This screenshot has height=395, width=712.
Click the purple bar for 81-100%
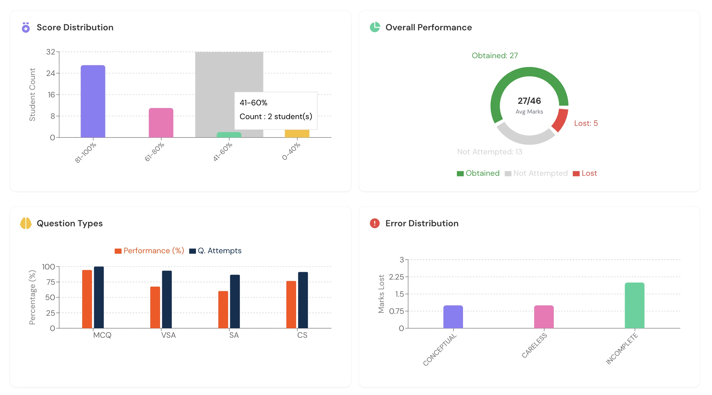[x=93, y=101]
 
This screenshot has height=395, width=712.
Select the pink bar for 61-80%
[x=161, y=122]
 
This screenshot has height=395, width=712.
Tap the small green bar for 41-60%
[x=229, y=135]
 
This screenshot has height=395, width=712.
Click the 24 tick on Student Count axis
[x=51, y=73]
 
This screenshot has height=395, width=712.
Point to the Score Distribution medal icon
[x=26, y=28]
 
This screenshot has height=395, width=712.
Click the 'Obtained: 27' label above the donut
[x=495, y=55]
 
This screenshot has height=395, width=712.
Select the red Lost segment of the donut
[x=560, y=120]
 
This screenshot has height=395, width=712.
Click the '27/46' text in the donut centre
[x=529, y=101]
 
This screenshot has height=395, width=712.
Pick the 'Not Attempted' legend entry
[x=536, y=173]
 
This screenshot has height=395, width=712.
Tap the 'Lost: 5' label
[x=586, y=123]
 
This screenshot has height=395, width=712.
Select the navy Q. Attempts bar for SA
[x=235, y=301]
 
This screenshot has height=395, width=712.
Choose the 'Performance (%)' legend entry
[x=149, y=251]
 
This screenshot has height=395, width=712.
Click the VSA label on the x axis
[x=168, y=335]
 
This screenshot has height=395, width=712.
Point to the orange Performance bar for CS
[x=291, y=304]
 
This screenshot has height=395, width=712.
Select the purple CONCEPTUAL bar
[x=453, y=317]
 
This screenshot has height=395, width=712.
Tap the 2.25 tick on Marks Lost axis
[x=396, y=277]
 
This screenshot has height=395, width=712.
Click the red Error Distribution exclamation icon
[x=374, y=223]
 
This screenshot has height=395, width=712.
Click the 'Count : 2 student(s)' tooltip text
[x=276, y=116]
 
